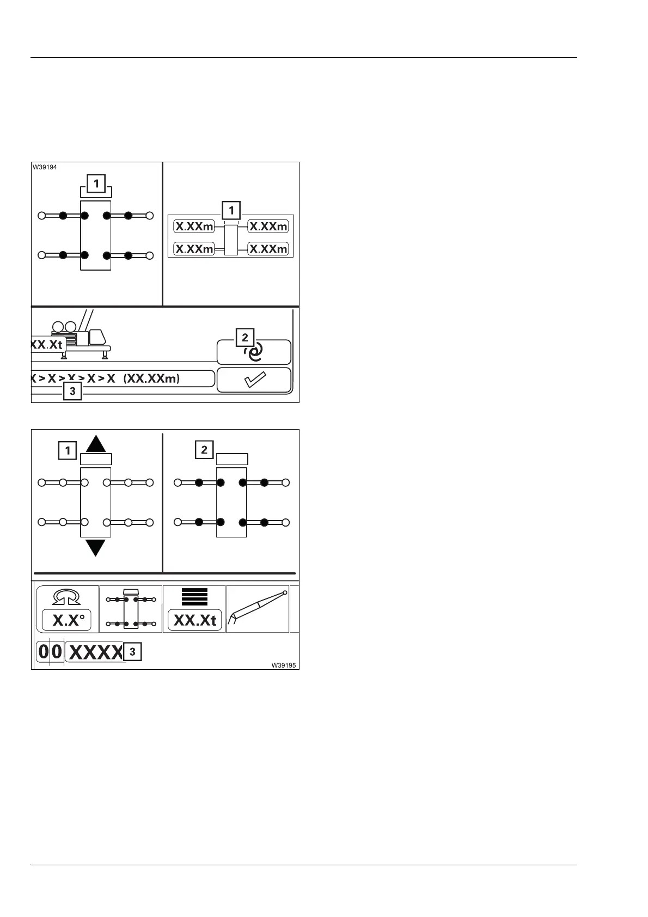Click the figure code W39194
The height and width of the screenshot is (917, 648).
pyautogui.click(x=44, y=167)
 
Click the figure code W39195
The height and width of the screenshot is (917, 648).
pyautogui.click(x=285, y=665)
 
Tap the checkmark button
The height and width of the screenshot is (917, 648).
pyautogui.click(x=254, y=380)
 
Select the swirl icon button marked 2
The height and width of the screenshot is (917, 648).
pyautogui.click(x=254, y=353)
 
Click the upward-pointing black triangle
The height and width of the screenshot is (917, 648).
pyautogui.click(x=96, y=444)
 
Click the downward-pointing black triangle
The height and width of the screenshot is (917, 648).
pyautogui.click(x=96, y=547)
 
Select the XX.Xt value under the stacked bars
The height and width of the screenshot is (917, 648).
pyautogui.click(x=194, y=620)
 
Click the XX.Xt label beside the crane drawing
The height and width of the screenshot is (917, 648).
pyautogui.click(x=48, y=344)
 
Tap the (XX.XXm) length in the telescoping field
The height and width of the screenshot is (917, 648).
pyautogui.click(x=151, y=378)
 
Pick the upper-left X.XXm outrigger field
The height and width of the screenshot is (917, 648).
pyautogui.click(x=194, y=227)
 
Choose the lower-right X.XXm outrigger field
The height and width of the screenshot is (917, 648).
pyautogui.click(x=268, y=249)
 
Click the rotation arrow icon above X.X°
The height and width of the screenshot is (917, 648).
pyautogui.click(x=67, y=598)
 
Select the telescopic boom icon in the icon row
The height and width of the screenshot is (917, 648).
pyautogui.click(x=257, y=609)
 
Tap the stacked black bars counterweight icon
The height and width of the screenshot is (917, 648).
pyautogui.click(x=194, y=597)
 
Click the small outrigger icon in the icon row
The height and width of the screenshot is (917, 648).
pyautogui.click(x=131, y=609)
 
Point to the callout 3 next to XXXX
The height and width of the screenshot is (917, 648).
pyautogui.click(x=132, y=652)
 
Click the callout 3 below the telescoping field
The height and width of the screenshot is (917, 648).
pyautogui.click(x=72, y=391)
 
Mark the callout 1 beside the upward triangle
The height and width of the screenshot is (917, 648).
pyautogui.click(x=68, y=451)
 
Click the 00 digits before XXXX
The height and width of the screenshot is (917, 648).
pyautogui.click(x=50, y=652)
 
